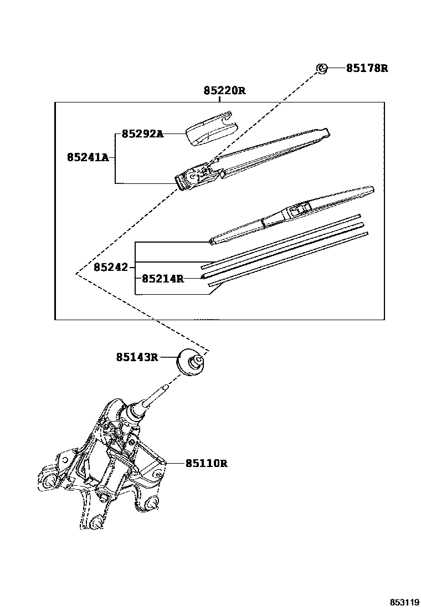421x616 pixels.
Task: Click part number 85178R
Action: (x=367, y=69)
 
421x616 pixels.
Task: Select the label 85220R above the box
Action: (x=224, y=90)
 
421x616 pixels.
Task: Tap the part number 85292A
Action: (x=142, y=134)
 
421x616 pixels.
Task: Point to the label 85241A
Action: (x=88, y=157)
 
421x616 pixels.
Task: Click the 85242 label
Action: (x=110, y=268)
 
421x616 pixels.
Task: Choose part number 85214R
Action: (x=162, y=279)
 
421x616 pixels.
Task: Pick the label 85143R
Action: (x=137, y=357)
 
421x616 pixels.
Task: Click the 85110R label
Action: (x=206, y=463)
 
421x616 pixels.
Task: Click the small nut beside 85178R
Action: (x=321, y=69)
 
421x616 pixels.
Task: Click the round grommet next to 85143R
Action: (x=192, y=362)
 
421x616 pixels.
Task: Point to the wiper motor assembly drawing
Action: (x=111, y=460)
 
